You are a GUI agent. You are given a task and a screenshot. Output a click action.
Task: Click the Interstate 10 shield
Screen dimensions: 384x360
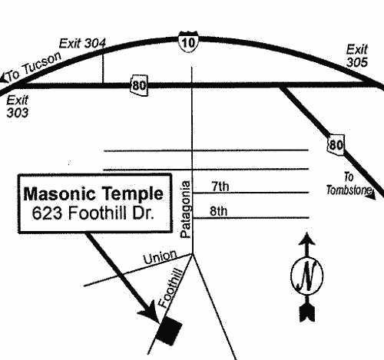point(188,42)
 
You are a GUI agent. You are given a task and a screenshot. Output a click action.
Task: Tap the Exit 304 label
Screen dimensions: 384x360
point(82,44)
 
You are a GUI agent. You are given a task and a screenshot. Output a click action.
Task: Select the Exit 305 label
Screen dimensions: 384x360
point(357,56)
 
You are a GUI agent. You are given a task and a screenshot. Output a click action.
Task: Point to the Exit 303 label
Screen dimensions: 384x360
point(17,107)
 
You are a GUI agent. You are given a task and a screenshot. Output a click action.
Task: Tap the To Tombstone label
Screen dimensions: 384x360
point(349,184)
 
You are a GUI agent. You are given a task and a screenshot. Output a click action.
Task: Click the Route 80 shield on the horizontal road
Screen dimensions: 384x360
point(139,85)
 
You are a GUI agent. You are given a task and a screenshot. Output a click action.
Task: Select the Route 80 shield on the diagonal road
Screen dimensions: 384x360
point(336,145)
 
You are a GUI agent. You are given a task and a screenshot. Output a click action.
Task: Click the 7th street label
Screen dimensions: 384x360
point(220,186)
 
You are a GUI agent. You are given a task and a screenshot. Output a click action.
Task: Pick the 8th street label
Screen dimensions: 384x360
point(219,211)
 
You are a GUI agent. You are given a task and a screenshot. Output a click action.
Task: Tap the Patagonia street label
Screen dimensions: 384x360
point(185,210)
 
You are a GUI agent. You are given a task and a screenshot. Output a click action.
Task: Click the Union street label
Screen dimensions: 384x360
point(160,257)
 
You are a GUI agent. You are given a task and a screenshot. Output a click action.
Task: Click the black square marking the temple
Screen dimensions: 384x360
point(169,330)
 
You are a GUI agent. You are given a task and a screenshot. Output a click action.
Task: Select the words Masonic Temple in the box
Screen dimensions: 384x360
point(94,193)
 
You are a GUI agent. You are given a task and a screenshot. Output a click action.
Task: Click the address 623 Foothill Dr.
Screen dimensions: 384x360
point(93,213)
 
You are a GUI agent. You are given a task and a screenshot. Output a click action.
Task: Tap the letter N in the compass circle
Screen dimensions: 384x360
point(306,275)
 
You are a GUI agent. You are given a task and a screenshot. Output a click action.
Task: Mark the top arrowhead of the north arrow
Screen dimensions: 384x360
point(307,239)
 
